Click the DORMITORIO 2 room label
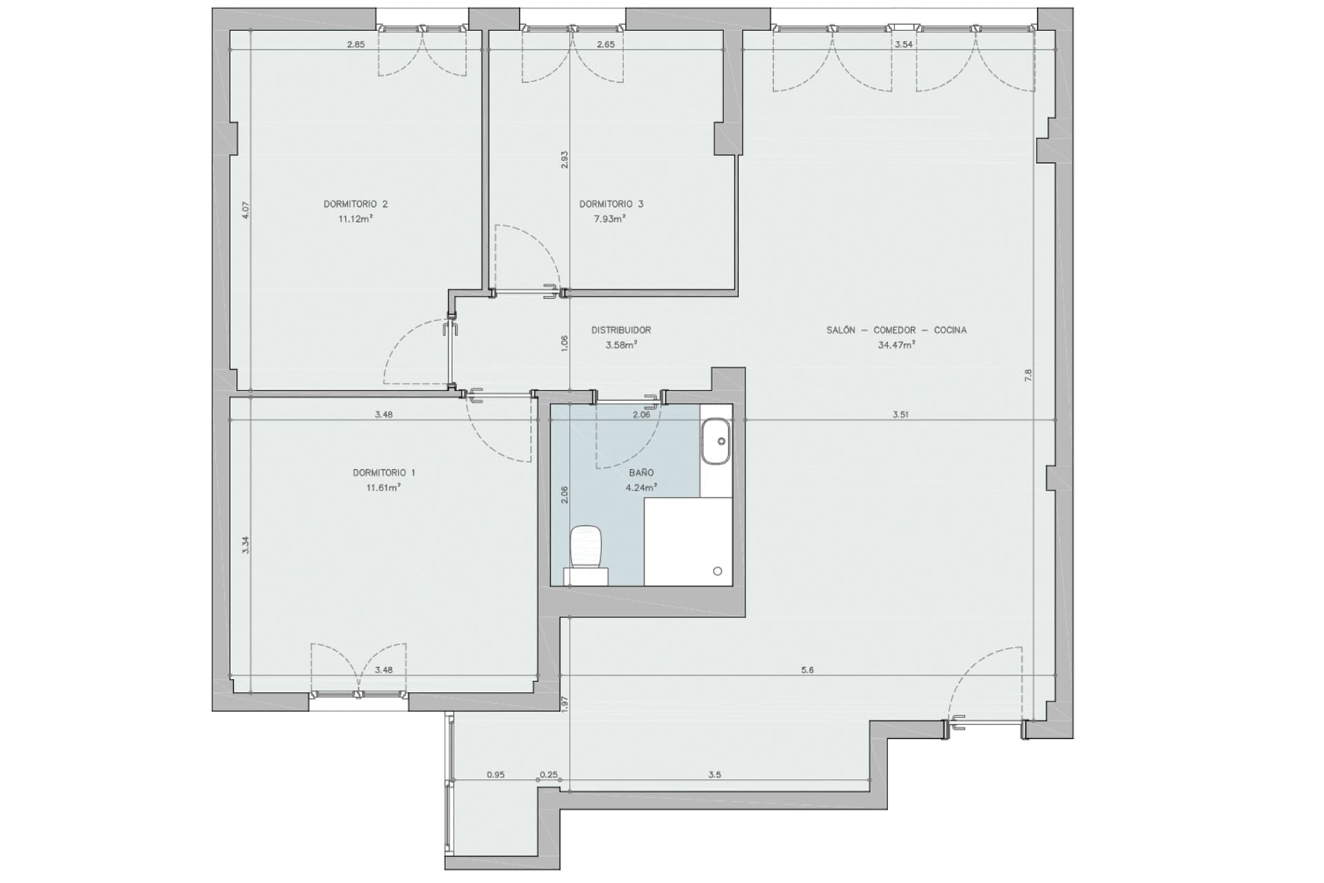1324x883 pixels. tap(355, 204)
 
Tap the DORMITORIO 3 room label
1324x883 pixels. tap(611, 204)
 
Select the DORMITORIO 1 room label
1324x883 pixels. tap(384, 473)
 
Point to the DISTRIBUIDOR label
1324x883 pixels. tap(621, 330)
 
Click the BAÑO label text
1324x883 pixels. tap(641, 473)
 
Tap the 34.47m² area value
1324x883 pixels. tap(896, 345)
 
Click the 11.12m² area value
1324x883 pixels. tap(356, 219)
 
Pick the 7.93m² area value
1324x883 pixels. tap(610, 219)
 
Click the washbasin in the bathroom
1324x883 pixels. tap(716, 441)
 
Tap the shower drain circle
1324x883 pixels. tap(717, 571)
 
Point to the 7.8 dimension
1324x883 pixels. tap(1028, 376)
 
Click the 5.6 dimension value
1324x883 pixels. tap(808, 670)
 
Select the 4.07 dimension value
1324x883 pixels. tap(245, 210)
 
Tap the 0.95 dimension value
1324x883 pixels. tap(496, 775)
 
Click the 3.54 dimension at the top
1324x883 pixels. tap(903, 45)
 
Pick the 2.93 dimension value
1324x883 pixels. tap(564, 160)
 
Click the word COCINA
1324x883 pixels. tap(950, 330)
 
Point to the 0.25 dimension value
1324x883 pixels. tap(548, 775)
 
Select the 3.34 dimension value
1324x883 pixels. tap(245, 546)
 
